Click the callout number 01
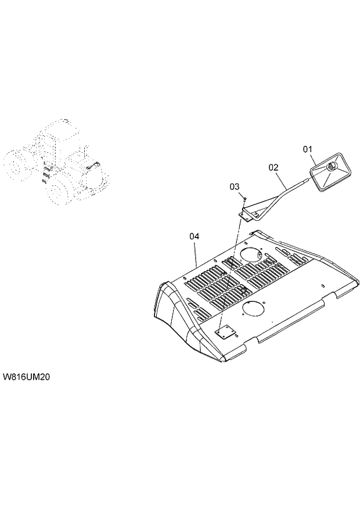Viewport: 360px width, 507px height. (308, 150)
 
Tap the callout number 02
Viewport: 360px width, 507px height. (273, 167)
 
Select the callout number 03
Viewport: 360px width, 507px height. (234, 187)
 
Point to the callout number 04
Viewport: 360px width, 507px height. (194, 236)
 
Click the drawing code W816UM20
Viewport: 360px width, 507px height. (27, 377)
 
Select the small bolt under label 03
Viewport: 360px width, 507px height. (245, 199)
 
